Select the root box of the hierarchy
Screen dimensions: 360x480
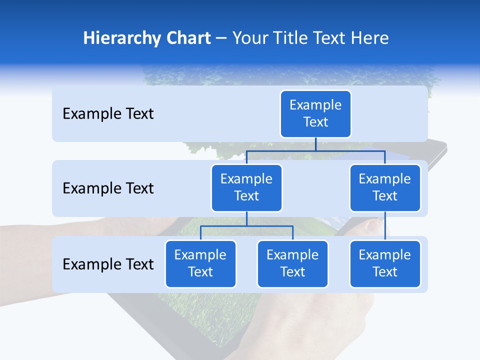click(315, 114)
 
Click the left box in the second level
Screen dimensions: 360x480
click(246, 188)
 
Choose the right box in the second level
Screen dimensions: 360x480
click(385, 188)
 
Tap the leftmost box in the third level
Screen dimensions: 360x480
click(200, 264)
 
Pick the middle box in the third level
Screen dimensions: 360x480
click(292, 264)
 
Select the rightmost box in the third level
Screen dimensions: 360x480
click(385, 264)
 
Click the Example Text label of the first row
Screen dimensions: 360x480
click(108, 114)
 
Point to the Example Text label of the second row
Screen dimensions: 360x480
click(108, 188)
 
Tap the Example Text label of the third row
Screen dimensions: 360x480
click(108, 264)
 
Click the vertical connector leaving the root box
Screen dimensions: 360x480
click(315, 144)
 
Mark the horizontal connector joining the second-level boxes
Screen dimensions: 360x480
click(315, 150)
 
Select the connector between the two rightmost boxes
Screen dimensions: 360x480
click(385, 226)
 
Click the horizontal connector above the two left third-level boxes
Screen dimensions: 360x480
click(246, 226)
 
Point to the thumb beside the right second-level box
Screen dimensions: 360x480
click(372, 225)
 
